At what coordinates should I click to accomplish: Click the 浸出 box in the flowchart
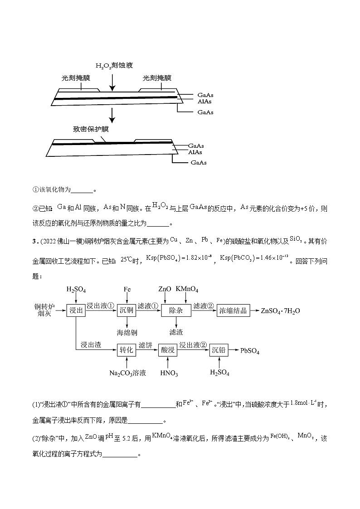click(x=76, y=310)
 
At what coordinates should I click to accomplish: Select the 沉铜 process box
click(x=127, y=310)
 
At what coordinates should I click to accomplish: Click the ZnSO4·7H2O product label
click(x=281, y=311)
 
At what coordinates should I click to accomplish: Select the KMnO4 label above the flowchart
click(x=187, y=289)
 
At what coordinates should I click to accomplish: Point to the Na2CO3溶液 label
click(x=127, y=373)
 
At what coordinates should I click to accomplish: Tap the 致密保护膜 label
click(x=91, y=129)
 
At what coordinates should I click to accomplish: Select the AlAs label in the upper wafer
click(x=204, y=101)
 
